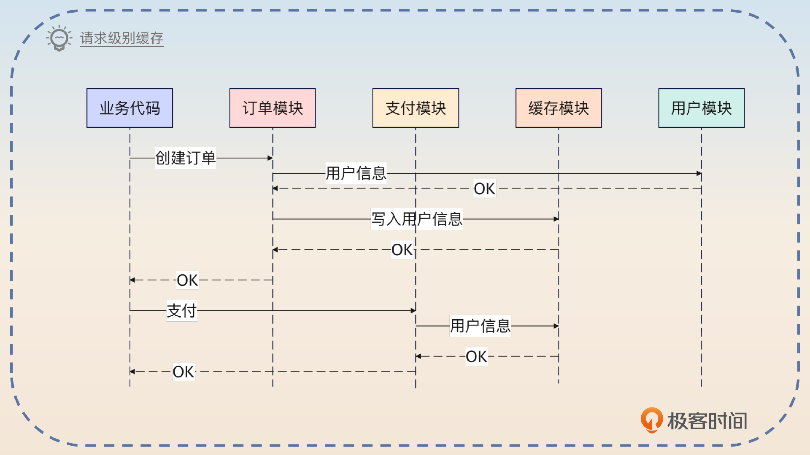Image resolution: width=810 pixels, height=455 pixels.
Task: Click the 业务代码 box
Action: point(130,108)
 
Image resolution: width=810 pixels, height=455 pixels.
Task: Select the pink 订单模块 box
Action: point(273,108)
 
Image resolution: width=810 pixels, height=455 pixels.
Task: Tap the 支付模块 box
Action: point(416,108)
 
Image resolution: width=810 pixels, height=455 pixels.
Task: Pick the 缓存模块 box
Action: point(559,108)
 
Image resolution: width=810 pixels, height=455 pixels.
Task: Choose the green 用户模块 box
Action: point(701,108)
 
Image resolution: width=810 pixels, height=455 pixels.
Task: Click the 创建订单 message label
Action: point(186,158)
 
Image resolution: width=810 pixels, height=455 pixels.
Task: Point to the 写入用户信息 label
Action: point(417,219)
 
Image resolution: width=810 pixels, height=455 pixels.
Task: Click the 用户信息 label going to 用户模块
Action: point(356,173)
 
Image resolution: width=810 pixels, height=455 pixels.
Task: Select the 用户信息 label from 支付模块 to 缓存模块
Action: point(480,326)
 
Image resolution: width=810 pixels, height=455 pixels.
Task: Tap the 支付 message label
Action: point(182,311)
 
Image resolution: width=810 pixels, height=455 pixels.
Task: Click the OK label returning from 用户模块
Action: point(484,188)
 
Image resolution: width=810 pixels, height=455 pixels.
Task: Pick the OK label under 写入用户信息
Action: point(402,250)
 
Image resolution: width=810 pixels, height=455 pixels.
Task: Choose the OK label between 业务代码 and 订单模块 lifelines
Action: point(187,280)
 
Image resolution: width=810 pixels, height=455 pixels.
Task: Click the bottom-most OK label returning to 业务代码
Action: point(184,372)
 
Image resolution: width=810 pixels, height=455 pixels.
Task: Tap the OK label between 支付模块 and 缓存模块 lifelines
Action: point(477,356)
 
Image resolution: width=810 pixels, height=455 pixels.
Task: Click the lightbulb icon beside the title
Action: point(59,38)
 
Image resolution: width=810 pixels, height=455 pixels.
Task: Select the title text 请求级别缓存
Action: point(121,38)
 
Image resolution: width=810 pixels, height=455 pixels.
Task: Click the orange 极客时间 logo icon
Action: point(651,420)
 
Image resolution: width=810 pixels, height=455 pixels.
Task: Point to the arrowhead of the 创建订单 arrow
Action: point(270,158)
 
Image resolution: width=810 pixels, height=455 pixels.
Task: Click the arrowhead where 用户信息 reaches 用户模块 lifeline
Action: point(699,173)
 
